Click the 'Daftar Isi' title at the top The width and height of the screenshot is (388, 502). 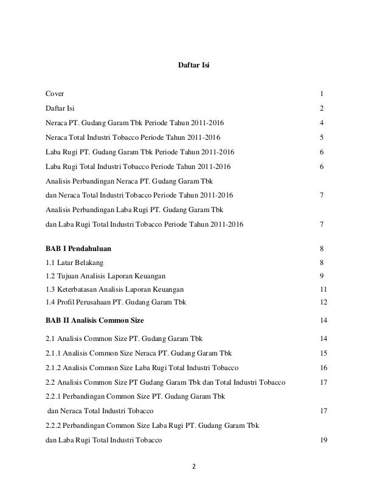coord(193,64)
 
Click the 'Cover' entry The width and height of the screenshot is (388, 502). coord(56,94)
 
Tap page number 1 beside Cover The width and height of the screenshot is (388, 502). coord(321,94)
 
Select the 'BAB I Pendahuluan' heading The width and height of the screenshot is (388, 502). coord(78,249)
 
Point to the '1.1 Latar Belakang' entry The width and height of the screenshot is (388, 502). coord(75,263)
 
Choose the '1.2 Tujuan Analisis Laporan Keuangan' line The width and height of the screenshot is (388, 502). coord(106,276)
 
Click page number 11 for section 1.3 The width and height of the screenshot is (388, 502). coord(323,289)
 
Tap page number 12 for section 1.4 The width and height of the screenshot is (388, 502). coord(323,302)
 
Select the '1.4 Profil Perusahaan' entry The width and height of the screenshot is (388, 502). coord(116,302)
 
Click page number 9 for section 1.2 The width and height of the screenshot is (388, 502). coord(321,276)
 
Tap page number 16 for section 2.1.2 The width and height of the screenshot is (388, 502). coord(323,368)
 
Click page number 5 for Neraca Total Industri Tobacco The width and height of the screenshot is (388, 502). coord(321,137)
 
